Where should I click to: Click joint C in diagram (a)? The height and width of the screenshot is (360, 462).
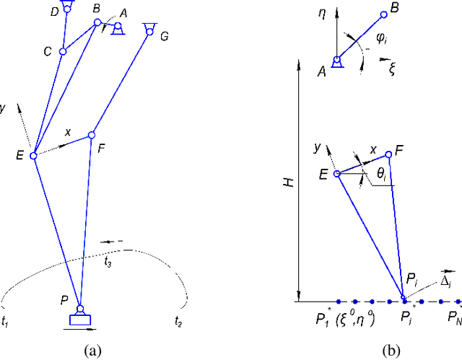click(x=63, y=51)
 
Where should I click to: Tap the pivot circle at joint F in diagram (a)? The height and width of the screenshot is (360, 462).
click(x=92, y=135)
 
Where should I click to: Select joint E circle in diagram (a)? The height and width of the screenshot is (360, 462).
click(x=33, y=155)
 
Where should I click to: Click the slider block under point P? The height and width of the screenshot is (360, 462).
click(x=79, y=320)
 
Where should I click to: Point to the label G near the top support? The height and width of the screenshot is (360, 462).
click(x=165, y=35)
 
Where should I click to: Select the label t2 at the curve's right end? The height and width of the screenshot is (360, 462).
click(x=180, y=320)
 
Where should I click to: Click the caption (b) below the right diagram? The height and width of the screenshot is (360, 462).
click(x=391, y=351)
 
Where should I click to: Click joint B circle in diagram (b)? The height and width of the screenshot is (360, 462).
click(x=384, y=14)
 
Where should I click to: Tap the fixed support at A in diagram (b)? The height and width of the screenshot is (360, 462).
click(x=336, y=63)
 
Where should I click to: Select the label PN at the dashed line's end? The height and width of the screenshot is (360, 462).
click(x=453, y=317)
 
